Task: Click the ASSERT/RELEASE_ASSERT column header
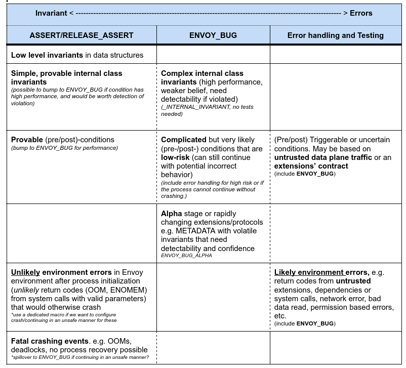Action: tap(82, 35)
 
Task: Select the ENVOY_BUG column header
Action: tap(213, 35)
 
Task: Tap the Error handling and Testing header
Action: tap(336, 35)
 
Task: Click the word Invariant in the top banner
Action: tap(51, 13)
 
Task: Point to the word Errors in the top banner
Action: tap(361, 13)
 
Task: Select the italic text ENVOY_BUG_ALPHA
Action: tap(186, 256)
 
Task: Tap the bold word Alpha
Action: tap(171, 214)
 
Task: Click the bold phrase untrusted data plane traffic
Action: tap(322, 157)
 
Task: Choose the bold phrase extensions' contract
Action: tap(311, 166)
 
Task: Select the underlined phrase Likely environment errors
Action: tap(321, 272)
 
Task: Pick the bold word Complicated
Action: tap(183, 140)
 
